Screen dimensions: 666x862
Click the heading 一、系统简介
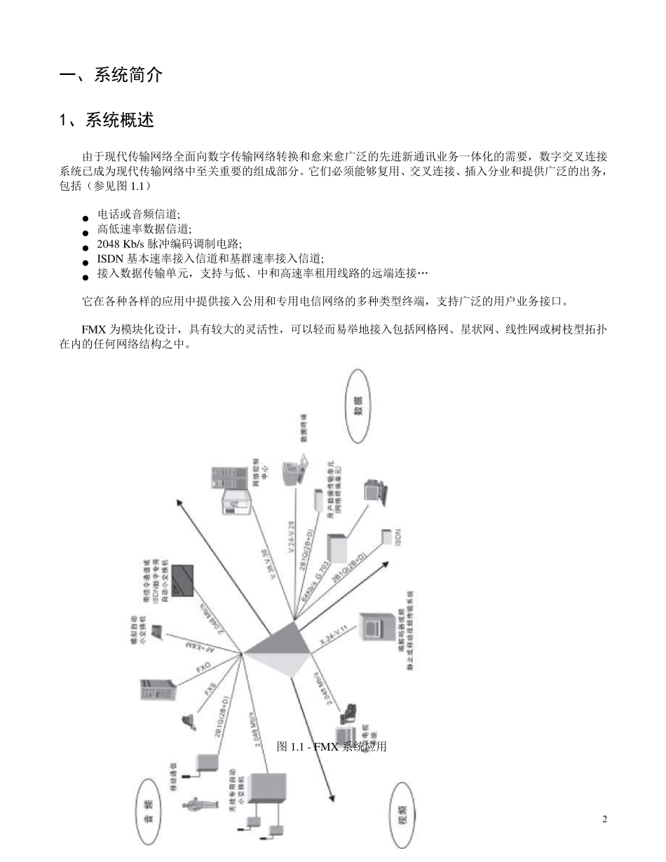111,76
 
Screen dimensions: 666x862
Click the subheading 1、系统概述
106,121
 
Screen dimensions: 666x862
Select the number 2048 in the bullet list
109,244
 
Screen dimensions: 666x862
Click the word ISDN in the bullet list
111,258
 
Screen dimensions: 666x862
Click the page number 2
604,819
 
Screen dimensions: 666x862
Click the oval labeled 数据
358,406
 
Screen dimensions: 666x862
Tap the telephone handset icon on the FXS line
187,720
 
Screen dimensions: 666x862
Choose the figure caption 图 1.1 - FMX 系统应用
332,747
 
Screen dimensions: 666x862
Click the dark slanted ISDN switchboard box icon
184,580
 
